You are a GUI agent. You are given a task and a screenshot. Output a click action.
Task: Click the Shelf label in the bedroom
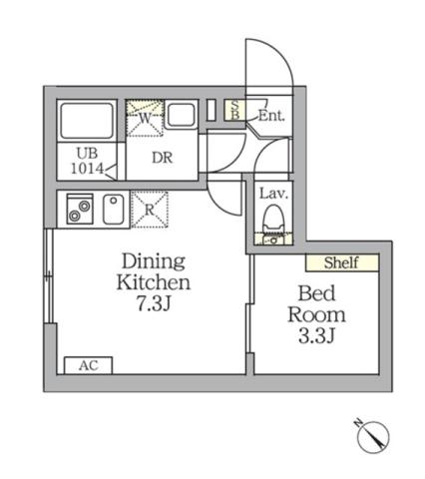(x=342, y=263)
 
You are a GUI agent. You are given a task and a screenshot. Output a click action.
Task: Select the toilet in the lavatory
(x=272, y=221)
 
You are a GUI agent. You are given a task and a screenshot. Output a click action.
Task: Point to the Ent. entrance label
(x=271, y=117)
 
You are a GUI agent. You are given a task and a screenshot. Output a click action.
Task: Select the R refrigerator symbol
(x=149, y=209)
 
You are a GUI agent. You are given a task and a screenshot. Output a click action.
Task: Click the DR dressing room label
(x=164, y=157)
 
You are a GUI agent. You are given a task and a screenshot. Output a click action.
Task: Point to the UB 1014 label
(x=86, y=161)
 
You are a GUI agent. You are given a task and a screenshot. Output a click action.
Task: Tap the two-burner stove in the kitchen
(x=78, y=210)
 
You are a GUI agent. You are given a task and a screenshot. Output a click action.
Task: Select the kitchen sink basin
(x=113, y=209)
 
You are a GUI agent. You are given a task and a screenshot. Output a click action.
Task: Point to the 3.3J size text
(x=322, y=335)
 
